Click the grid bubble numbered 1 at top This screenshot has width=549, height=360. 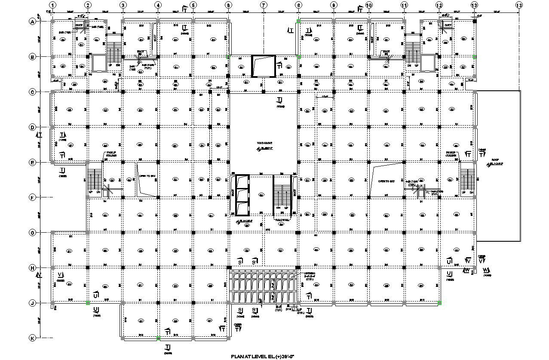pyautogui.click(x=52, y=5)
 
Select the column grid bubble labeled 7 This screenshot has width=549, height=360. pyautogui.click(x=263, y=5)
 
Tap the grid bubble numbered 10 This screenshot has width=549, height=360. pyautogui.click(x=368, y=5)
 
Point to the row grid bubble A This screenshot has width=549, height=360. pyautogui.click(x=32, y=21)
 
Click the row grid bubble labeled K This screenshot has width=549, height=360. pyautogui.click(x=32, y=338)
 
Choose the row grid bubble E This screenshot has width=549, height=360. pyautogui.click(x=32, y=162)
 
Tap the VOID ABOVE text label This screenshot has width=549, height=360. pyautogui.click(x=265, y=143)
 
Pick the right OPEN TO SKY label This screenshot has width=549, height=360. pyautogui.click(x=386, y=182)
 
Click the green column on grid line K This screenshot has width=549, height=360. pyautogui.click(x=158, y=338)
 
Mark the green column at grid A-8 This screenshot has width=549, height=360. pyautogui.click(x=298, y=21)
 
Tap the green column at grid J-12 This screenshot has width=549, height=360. pyautogui.click(x=439, y=303)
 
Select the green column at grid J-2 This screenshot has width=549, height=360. pyautogui.click(x=88, y=303)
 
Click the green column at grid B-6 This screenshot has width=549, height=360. pyautogui.click(x=228, y=56)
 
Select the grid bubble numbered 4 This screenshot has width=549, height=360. pyautogui.click(x=158, y=5)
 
